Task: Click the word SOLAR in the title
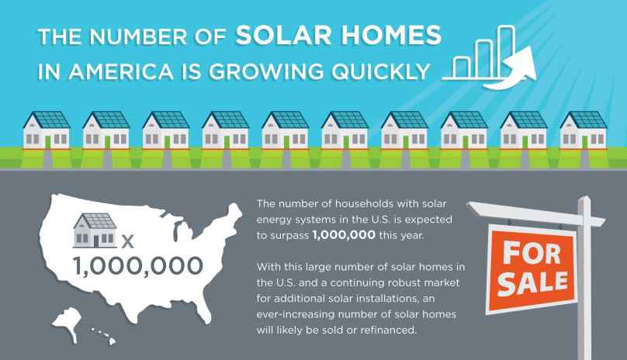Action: point(283,35)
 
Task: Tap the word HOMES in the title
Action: point(390,35)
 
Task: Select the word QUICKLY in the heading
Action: point(380,71)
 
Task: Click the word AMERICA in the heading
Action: point(121,71)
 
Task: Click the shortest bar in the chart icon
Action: point(462,67)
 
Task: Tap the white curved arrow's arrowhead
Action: point(524,62)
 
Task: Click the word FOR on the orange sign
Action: point(531,253)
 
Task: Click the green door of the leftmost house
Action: point(47,143)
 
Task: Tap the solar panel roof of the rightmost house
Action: point(587,119)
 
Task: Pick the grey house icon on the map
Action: point(95,230)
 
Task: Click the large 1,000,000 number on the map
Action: point(138,266)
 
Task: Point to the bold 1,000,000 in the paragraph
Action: point(344,235)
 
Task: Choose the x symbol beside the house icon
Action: point(127,241)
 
